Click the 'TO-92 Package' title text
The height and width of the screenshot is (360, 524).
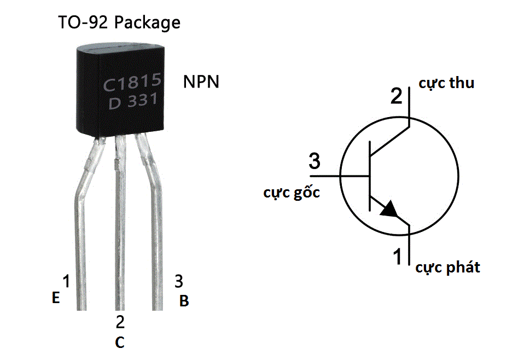pos(119,23)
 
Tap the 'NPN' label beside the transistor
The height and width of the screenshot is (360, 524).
pos(201,83)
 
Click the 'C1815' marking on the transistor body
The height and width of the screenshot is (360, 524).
pos(132,83)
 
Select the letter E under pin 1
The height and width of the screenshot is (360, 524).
pos(55,298)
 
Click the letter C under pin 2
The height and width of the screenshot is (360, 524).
pos(120,342)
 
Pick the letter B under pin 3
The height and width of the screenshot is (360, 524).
pos(184,301)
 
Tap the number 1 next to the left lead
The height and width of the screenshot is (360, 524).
pos(66,282)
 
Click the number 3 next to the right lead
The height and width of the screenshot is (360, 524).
pos(178,282)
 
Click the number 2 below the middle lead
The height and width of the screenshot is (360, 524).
pos(120,322)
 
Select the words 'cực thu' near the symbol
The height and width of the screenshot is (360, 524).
pos(446,83)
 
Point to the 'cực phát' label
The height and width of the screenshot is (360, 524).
pos(447,268)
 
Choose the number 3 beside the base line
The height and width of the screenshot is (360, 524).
pos(315,162)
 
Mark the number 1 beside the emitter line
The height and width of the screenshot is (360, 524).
pos(398,256)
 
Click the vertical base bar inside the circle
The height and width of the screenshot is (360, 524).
pos(370,176)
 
